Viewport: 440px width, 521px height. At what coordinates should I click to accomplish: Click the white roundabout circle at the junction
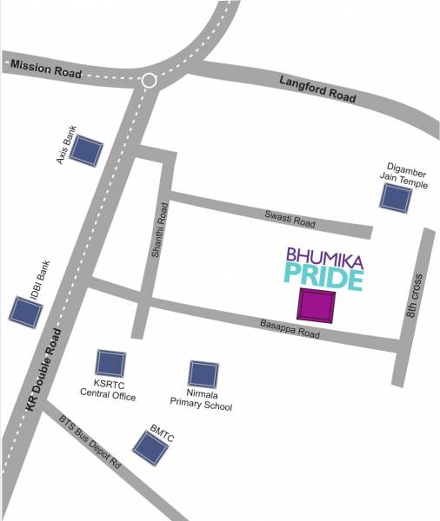pyautogui.click(x=149, y=81)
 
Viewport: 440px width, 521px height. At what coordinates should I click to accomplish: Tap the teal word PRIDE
pyautogui.click(x=323, y=280)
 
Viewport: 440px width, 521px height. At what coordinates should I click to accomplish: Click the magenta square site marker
pyautogui.click(x=316, y=306)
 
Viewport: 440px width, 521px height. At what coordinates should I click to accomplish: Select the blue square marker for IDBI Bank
pyautogui.click(x=24, y=311)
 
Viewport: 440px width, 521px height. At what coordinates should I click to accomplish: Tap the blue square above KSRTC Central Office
pyautogui.click(x=110, y=363)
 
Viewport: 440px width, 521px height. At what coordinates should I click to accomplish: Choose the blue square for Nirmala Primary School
pyautogui.click(x=203, y=374)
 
